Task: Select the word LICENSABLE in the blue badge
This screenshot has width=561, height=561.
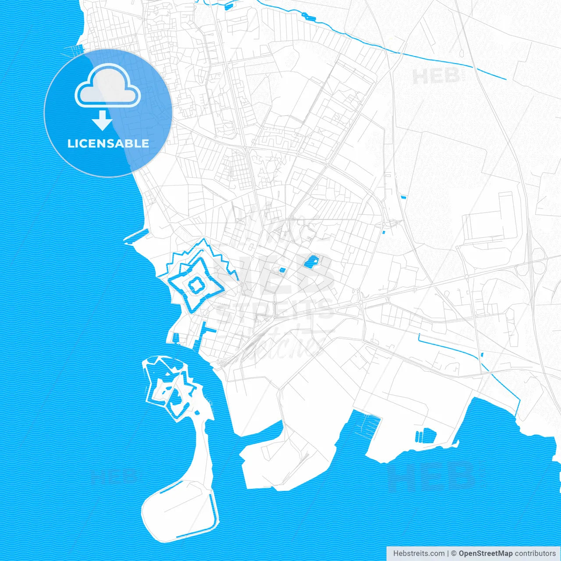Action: coord(108,143)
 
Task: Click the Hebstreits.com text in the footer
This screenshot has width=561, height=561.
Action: coord(418,554)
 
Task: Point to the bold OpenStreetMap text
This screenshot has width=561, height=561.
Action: coord(485,554)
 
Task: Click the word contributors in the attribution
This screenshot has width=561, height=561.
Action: coord(535,554)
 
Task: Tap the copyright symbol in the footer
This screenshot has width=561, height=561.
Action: coord(454,554)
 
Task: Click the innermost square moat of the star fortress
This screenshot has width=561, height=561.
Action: coord(195,286)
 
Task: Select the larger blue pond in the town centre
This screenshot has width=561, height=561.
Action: coord(312,262)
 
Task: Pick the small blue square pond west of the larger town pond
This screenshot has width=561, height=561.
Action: coord(282,270)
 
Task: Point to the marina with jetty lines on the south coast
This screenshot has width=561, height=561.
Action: coord(368,423)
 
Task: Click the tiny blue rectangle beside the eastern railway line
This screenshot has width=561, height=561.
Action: coord(403,198)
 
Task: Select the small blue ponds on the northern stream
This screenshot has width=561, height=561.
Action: coord(309,18)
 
